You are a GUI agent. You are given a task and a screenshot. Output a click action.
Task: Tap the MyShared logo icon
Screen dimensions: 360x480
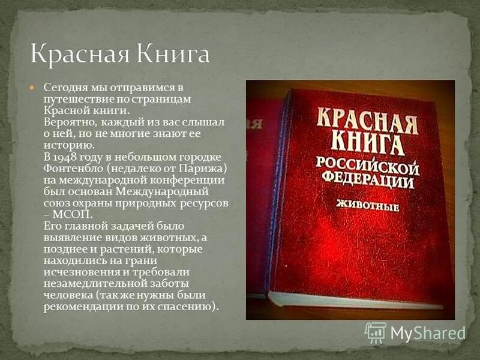point(376,332)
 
